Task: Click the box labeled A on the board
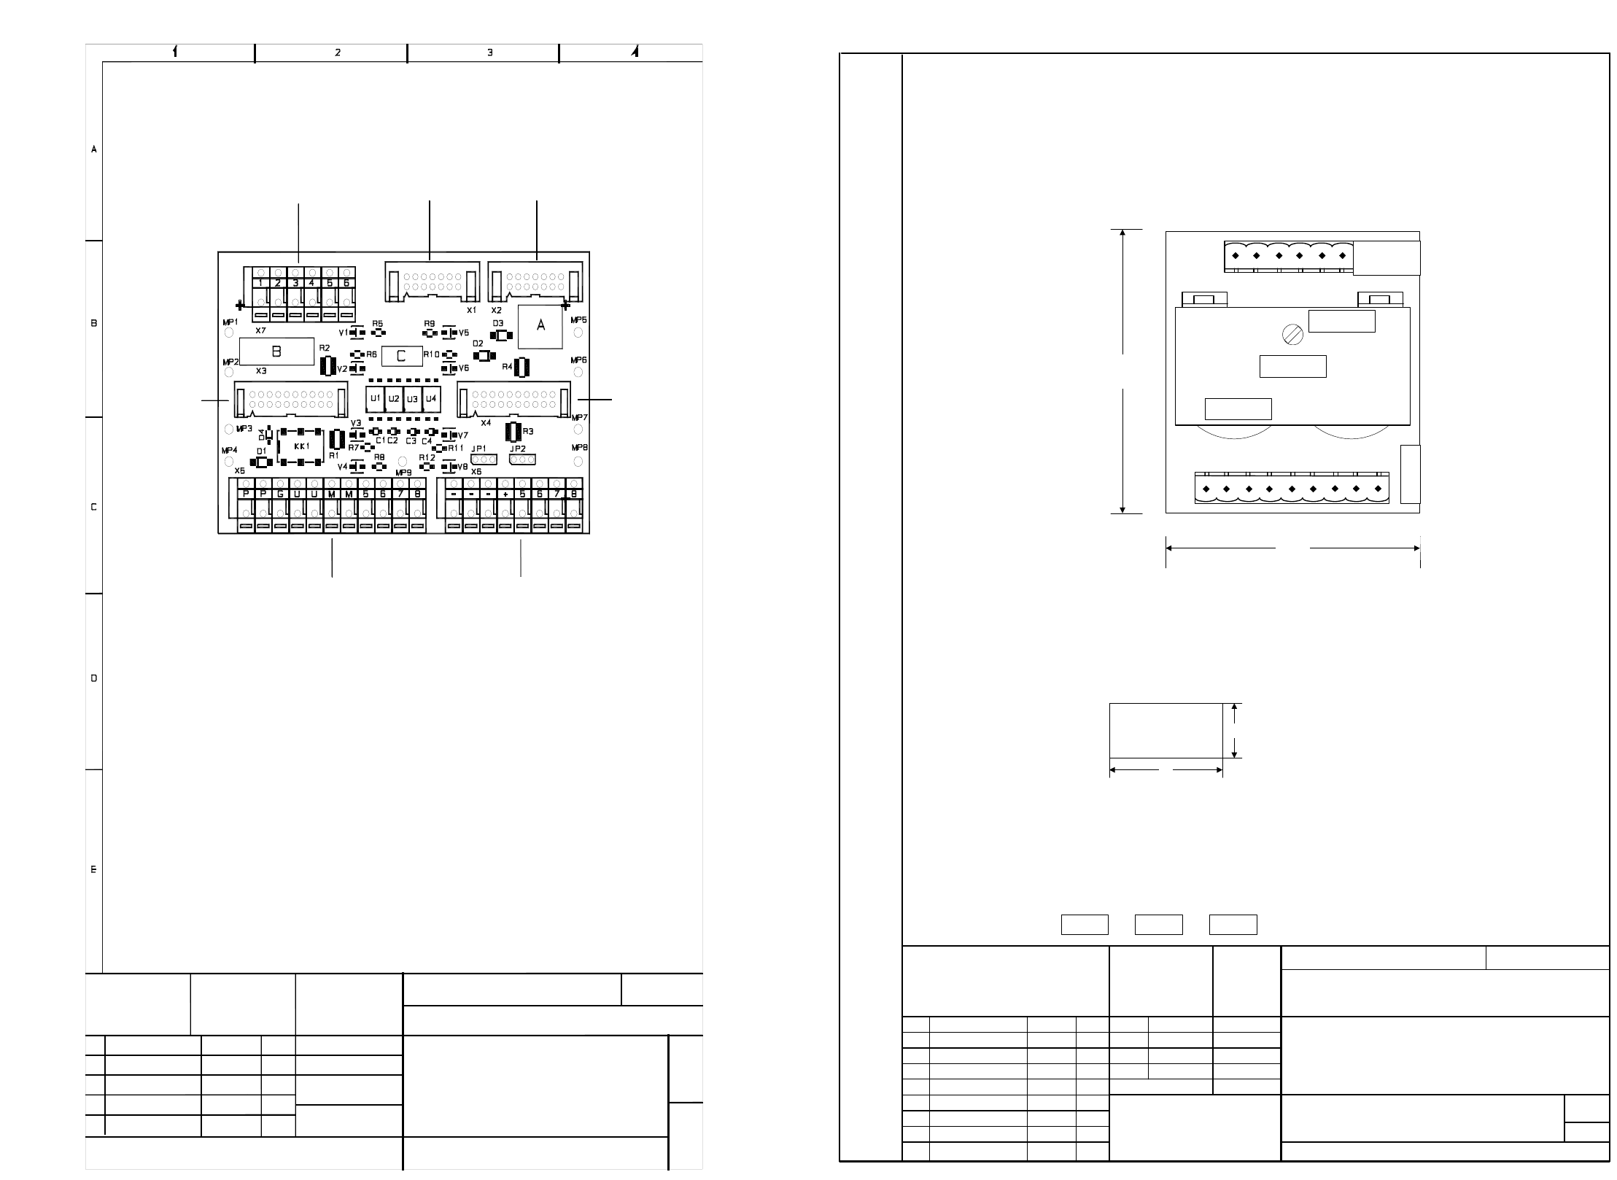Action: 540,327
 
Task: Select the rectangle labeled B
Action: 276,352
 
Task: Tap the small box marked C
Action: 402,356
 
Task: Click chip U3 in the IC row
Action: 412,399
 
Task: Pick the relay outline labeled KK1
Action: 301,446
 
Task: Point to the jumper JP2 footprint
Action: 522,459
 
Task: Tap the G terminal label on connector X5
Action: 280,494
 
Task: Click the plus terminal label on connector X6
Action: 505,494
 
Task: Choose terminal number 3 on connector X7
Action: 295,282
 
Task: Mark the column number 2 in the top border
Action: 338,53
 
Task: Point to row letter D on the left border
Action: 93,678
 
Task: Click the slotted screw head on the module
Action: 1292,335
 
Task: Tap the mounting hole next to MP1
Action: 228,333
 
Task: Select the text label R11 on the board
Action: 456,448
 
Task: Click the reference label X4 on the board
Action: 486,422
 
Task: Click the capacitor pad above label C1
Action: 376,432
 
